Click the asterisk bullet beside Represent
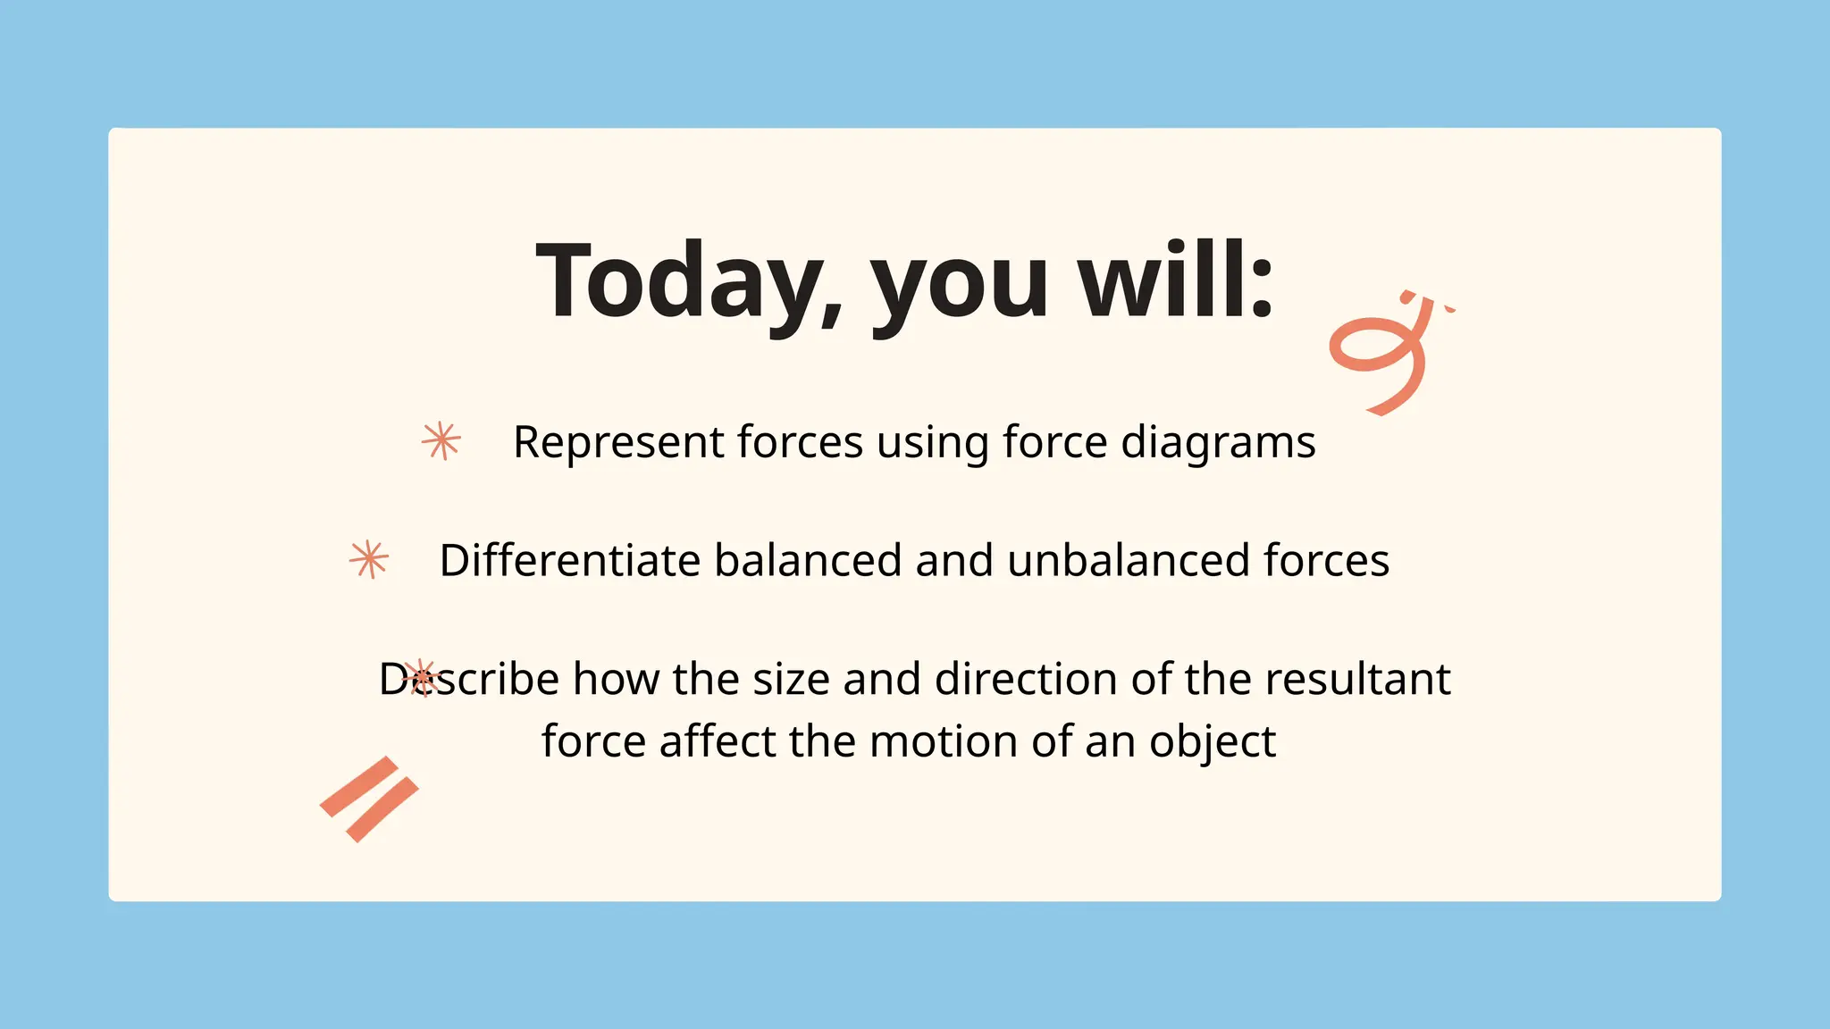point(441,440)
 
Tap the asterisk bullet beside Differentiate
point(369,560)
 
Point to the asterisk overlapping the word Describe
point(420,678)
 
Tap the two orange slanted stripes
point(369,799)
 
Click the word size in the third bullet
point(792,679)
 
